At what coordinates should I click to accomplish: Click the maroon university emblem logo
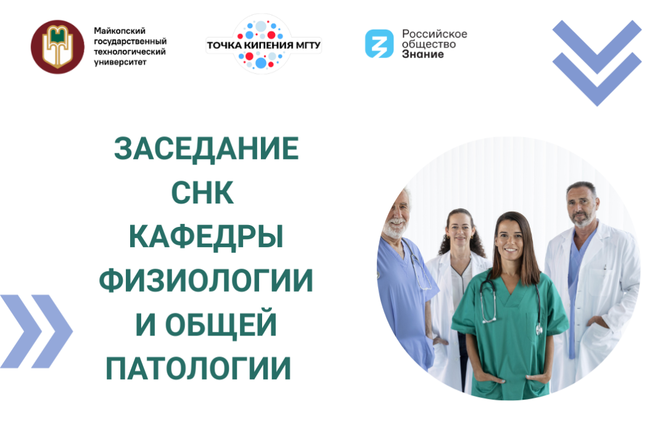tap(57, 47)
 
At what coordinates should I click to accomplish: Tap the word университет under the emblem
tap(120, 63)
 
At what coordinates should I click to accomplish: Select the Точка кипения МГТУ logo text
tap(263, 46)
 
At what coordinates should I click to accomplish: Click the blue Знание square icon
tap(379, 44)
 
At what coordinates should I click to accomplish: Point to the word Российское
tap(434, 33)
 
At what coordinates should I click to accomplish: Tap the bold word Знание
tap(422, 54)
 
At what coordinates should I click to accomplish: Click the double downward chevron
tap(596, 62)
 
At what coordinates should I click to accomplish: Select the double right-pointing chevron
tap(36, 331)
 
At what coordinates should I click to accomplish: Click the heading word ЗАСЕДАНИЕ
tap(206, 149)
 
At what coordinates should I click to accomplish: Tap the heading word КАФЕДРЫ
tap(206, 238)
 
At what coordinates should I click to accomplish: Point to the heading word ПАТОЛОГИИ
tap(198, 369)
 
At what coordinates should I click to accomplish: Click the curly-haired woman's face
tap(458, 229)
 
